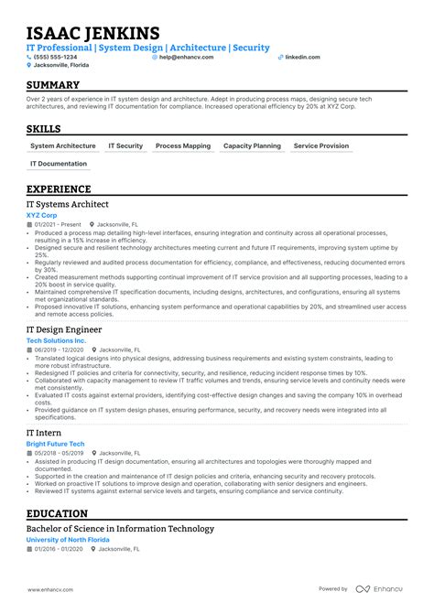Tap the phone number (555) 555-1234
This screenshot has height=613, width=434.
tap(58, 57)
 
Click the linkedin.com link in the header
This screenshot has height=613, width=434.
tap(302, 57)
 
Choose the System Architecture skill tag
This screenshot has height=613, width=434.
tap(62, 145)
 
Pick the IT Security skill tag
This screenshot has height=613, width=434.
tap(125, 145)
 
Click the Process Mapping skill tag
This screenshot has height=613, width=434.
tap(183, 145)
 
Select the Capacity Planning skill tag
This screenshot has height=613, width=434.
tap(252, 145)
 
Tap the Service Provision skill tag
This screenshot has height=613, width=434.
tap(321, 145)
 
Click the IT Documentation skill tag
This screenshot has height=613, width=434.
tap(59, 164)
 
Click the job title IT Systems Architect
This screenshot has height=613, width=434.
tap(68, 204)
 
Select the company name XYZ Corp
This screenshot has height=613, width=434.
tap(41, 215)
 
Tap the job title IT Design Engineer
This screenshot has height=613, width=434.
tap(64, 329)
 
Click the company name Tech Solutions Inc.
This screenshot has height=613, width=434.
tap(56, 340)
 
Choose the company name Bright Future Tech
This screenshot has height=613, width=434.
tap(55, 443)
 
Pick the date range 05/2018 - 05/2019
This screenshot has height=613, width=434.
tap(60, 453)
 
